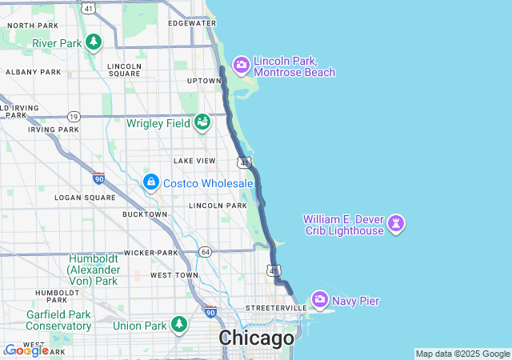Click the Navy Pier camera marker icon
(x=320, y=300)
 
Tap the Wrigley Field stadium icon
(x=202, y=122)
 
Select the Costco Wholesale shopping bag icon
(x=150, y=182)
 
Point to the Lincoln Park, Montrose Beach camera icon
(x=241, y=65)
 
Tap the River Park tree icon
(x=94, y=42)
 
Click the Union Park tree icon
(x=179, y=325)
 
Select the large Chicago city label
(x=256, y=338)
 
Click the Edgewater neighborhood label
(x=192, y=23)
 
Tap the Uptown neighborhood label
(x=203, y=81)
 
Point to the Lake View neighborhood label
(x=194, y=161)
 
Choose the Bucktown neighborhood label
(x=145, y=214)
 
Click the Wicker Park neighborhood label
(x=150, y=253)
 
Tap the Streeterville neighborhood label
(x=275, y=307)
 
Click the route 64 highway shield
(x=206, y=252)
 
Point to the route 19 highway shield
(x=74, y=116)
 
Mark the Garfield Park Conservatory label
(x=58, y=320)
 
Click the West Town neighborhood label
(x=174, y=275)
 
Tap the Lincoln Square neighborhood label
(x=124, y=70)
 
